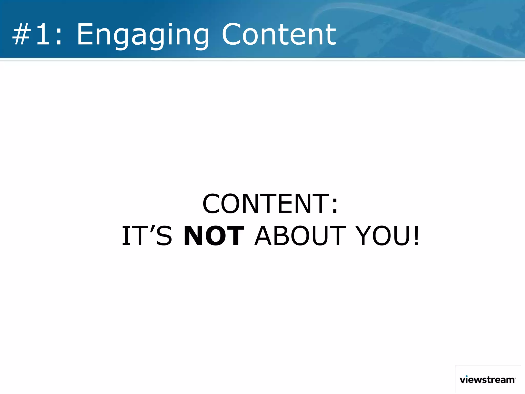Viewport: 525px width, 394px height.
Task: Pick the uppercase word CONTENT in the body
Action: pyautogui.click(x=266, y=204)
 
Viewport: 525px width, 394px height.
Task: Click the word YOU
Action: pyautogui.click(x=383, y=236)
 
